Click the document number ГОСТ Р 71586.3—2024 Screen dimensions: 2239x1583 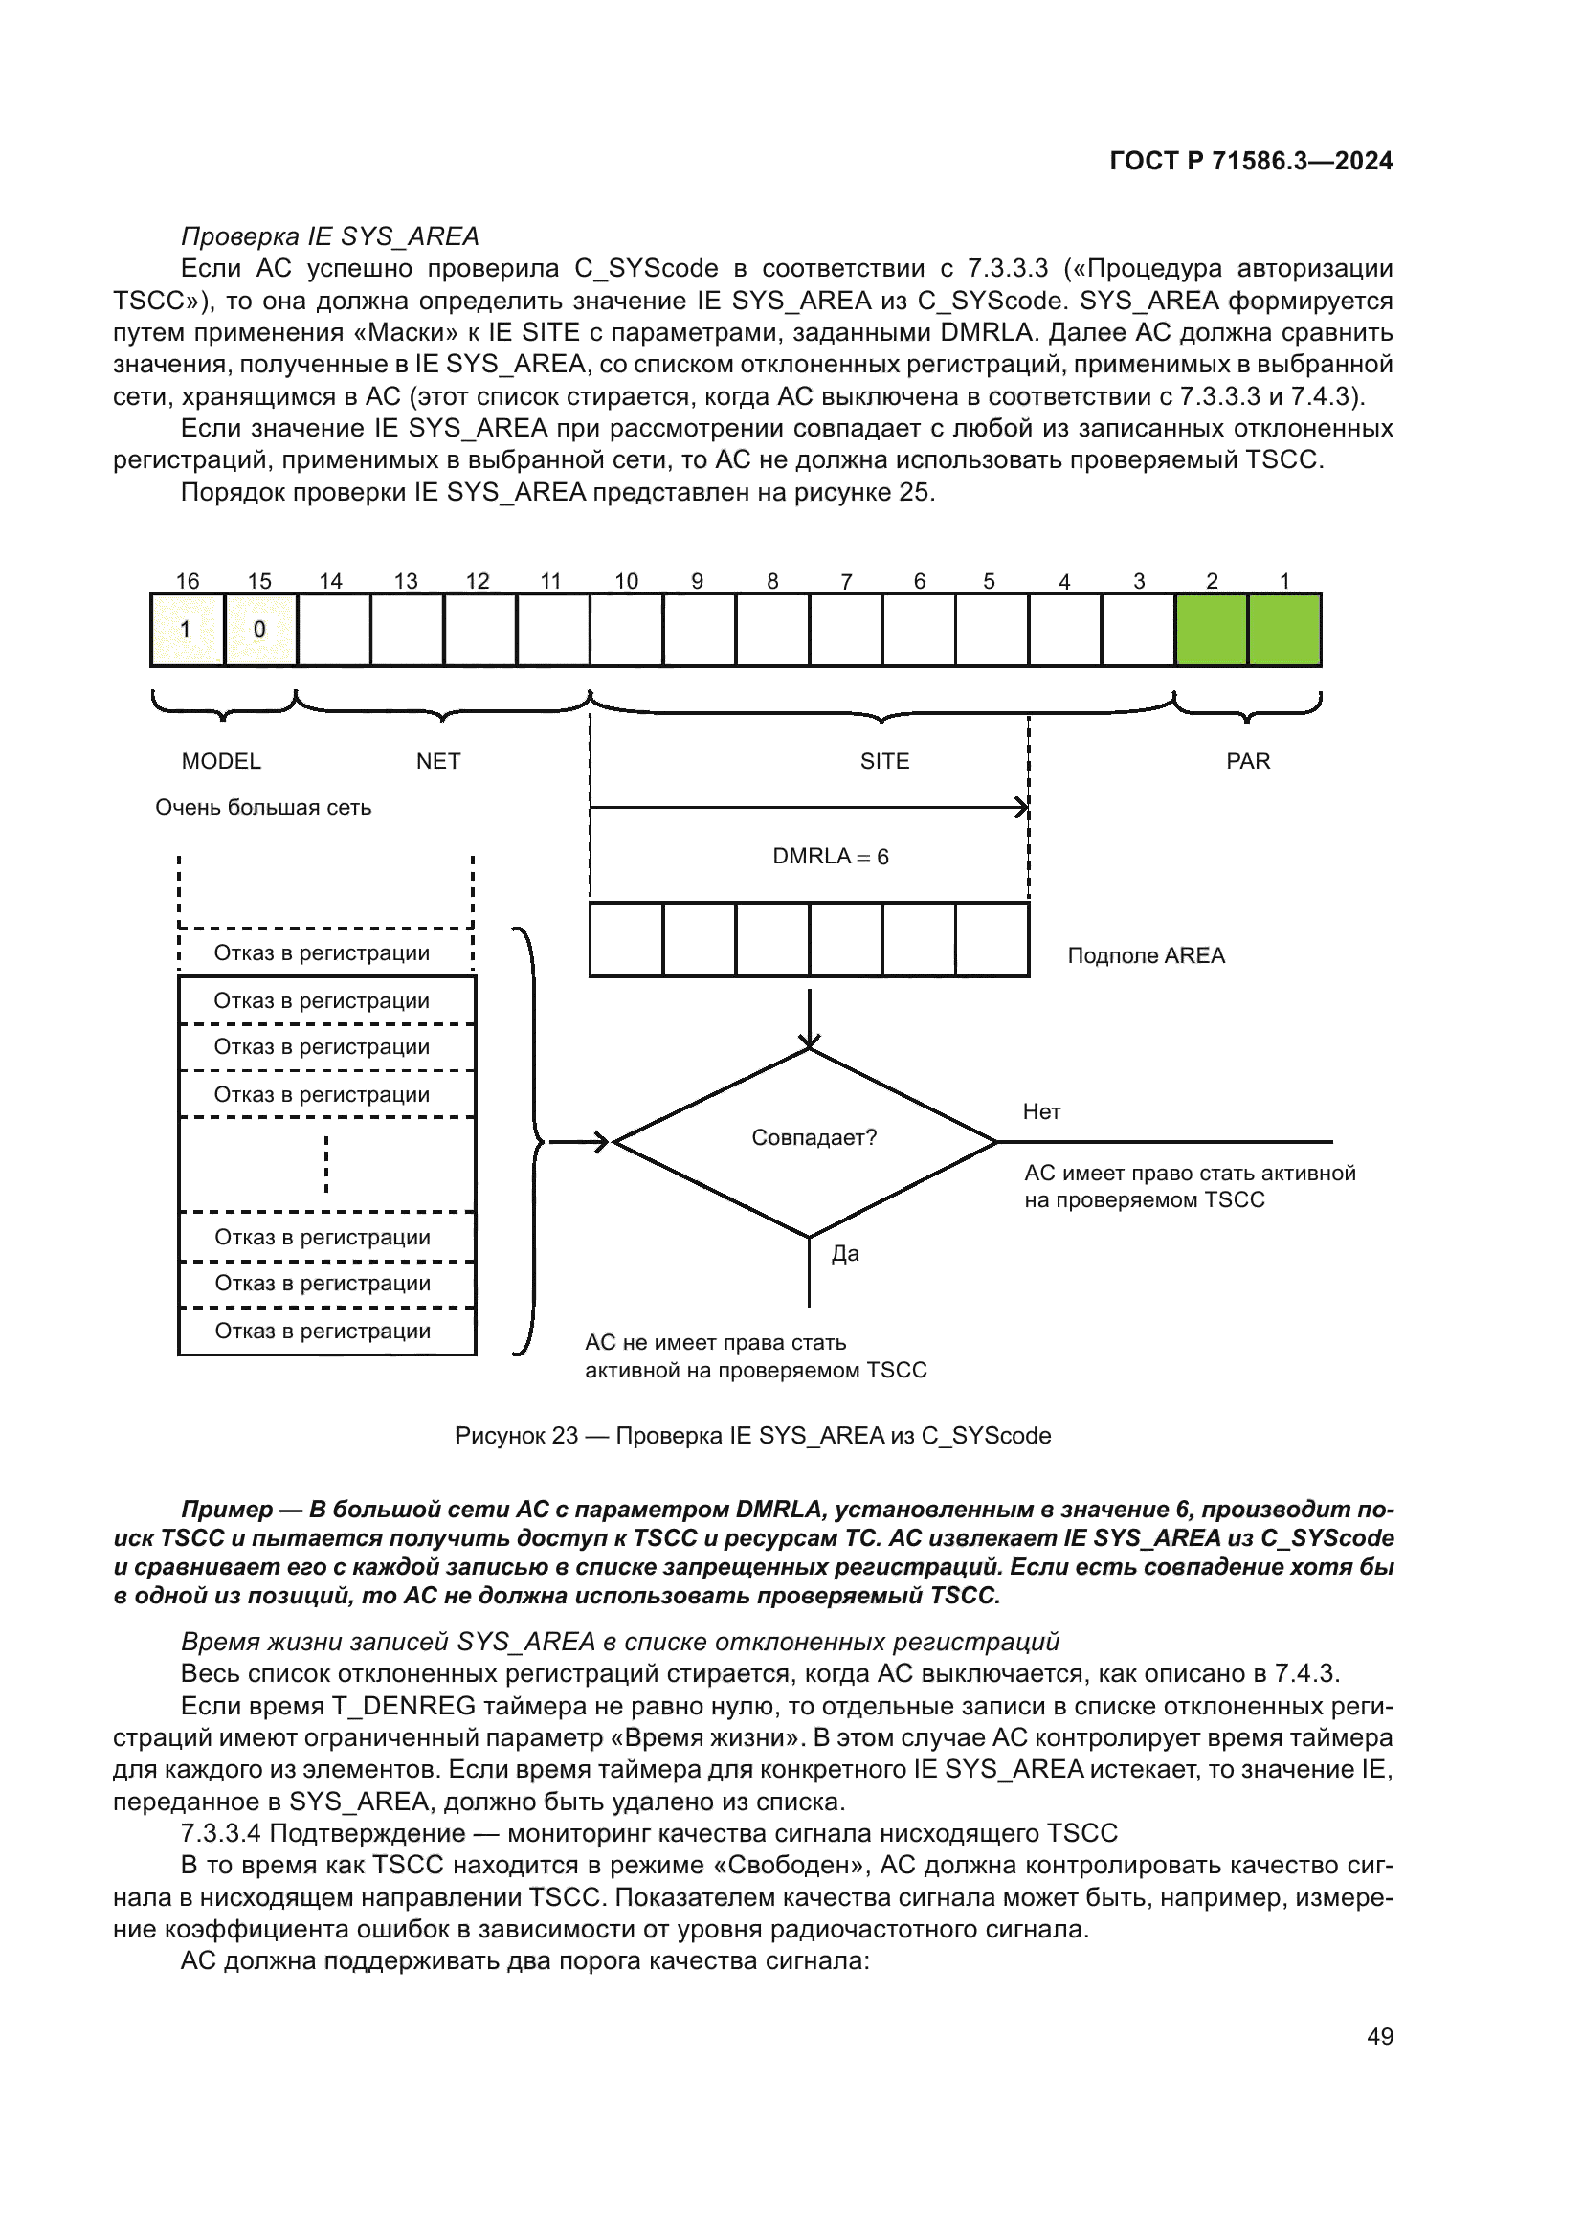coord(1251,161)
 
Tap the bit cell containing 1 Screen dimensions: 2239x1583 coord(188,630)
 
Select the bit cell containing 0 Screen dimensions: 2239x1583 coord(260,630)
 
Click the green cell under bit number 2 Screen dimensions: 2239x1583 coord(1211,630)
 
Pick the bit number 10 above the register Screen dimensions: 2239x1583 coord(626,581)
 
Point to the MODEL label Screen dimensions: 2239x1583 coord(221,761)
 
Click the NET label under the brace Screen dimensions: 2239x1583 coord(437,761)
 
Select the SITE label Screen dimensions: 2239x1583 coord(884,761)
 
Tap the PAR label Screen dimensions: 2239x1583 coord(1248,761)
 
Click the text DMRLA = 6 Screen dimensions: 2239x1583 coord(831,856)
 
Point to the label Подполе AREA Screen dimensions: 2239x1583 coord(1146,955)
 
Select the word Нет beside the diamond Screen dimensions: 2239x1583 coord(1041,1111)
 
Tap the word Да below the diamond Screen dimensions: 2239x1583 coord(845,1254)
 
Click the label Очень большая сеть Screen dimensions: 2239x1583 coord(263,808)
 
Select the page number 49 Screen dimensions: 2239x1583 coord(1379,2036)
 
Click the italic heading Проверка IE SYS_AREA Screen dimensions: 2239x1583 coord(329,237)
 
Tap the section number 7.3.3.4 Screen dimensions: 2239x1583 coord(220,1833)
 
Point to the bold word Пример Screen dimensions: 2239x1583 coord(226,1510)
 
